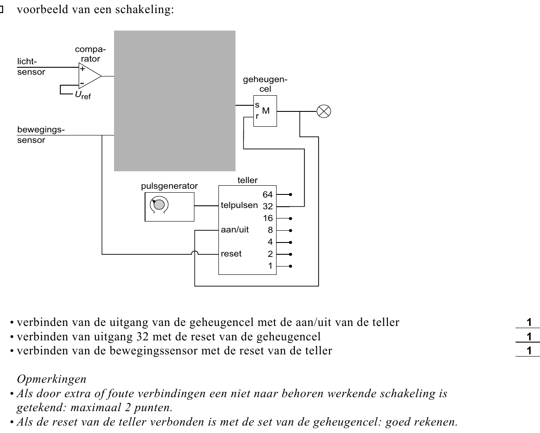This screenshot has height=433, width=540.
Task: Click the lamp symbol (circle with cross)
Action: (x=324, y=111)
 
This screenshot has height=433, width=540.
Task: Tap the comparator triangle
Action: (x=90, y=76)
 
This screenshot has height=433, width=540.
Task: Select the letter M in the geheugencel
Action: (x=266, y=111)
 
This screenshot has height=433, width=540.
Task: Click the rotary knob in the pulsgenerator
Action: (x=159, y=204)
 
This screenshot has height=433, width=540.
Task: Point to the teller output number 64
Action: (x=267, y=194)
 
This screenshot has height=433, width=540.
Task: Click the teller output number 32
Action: (x=267, y=206)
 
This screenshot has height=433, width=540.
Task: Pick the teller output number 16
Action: (x=267, y=218)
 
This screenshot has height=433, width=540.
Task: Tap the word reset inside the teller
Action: (x=231, y=254)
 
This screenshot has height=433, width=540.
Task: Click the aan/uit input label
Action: (x=235, y=229)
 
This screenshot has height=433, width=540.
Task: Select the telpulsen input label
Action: (x=239, y=205)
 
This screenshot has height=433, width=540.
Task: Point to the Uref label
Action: (x=83, y=95)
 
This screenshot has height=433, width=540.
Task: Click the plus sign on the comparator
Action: (x=82, y=69)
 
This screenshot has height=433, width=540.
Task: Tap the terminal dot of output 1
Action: (x=291, y=266)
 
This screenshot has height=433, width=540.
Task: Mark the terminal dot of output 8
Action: (x=291, y=230)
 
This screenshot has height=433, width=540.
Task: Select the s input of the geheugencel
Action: (x=257, y=105)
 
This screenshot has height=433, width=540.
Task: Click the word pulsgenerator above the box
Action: (x=169, y=186)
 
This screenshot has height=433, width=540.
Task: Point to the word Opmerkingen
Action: (x=52, y=379)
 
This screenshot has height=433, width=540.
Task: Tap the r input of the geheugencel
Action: (x=257, y=116)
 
